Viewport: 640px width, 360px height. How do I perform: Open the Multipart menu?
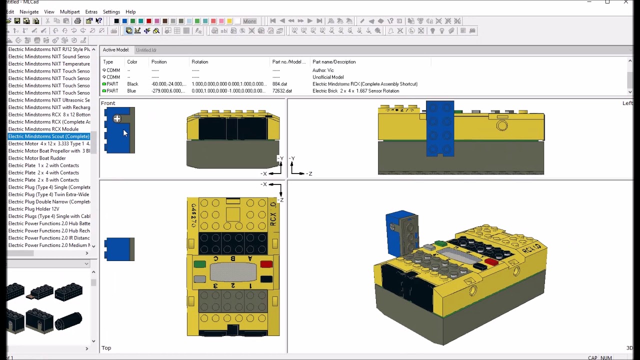point(69,11)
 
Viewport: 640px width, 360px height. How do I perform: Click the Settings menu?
point(111,11)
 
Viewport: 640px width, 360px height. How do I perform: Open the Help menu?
point(130,11)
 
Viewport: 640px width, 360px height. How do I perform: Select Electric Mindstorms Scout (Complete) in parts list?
point(49,136)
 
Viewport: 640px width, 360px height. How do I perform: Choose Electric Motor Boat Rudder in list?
point(37,158)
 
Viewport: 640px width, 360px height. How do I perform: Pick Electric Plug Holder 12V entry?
point(33,209)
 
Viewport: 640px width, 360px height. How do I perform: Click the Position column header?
point(159,62)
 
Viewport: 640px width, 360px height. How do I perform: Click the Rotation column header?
point(199,62)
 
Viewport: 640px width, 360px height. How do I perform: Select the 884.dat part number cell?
point(279,84)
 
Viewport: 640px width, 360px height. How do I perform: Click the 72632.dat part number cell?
point(282,91)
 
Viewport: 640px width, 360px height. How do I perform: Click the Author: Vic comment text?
point(323,70)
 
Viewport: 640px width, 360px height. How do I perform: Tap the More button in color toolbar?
point(249,21)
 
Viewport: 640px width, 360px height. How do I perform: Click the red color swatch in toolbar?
point(148,21)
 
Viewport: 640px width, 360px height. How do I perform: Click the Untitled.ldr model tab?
point(146,50)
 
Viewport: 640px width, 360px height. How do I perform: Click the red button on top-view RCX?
point(266,264)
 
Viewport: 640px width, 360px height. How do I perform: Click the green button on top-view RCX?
point(199,264)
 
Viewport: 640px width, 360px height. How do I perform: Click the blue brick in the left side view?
point(440,128)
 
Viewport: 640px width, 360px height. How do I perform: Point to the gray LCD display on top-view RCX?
point(233,272)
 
